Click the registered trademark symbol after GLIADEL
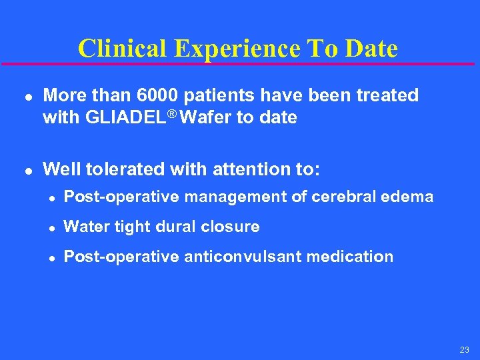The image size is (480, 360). pyautogui.click(x=173, y=114)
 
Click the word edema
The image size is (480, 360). pyautogui.click(x=412, y=197)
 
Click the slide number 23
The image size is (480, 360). pyautogui.click(x=464, y=350)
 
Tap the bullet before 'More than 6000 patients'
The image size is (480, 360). pyautogui.click(x=25, y=97)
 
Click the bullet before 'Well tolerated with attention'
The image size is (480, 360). pyautogui.click(x=25, y=170)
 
